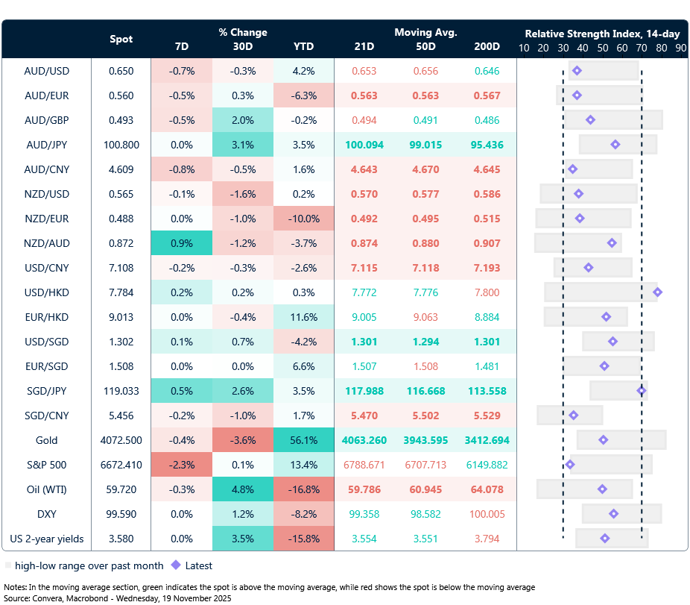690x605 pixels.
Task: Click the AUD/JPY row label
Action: [x=47, y=145]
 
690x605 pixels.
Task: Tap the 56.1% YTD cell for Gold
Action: [x=303, y=440]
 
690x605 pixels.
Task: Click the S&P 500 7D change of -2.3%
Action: [x=181, y=465]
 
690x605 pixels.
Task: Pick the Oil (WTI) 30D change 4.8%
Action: [x=242, y=489]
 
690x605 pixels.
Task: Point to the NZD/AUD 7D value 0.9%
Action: [x=181, y=243]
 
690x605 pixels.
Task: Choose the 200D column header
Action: [x=487, y=46]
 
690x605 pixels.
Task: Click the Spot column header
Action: [x=121, y=39]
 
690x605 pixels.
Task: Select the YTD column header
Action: [x=303, y=46]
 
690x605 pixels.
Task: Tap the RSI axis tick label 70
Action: [x=642, y=48]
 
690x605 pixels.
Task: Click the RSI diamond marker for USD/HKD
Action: [x=657, y=292]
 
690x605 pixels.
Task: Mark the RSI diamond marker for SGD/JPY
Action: [x=642, y=390]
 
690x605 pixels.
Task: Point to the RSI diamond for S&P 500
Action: [x=570, y=464]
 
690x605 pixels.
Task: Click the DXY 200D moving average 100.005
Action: [x=487, y=514]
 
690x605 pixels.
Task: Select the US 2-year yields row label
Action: [x=47, y=539]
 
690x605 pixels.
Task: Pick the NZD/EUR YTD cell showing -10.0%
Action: [x=303, y=219]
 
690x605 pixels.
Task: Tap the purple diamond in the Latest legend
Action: [x=176, y=565]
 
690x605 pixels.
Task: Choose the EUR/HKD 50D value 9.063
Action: [x=425, y=317]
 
